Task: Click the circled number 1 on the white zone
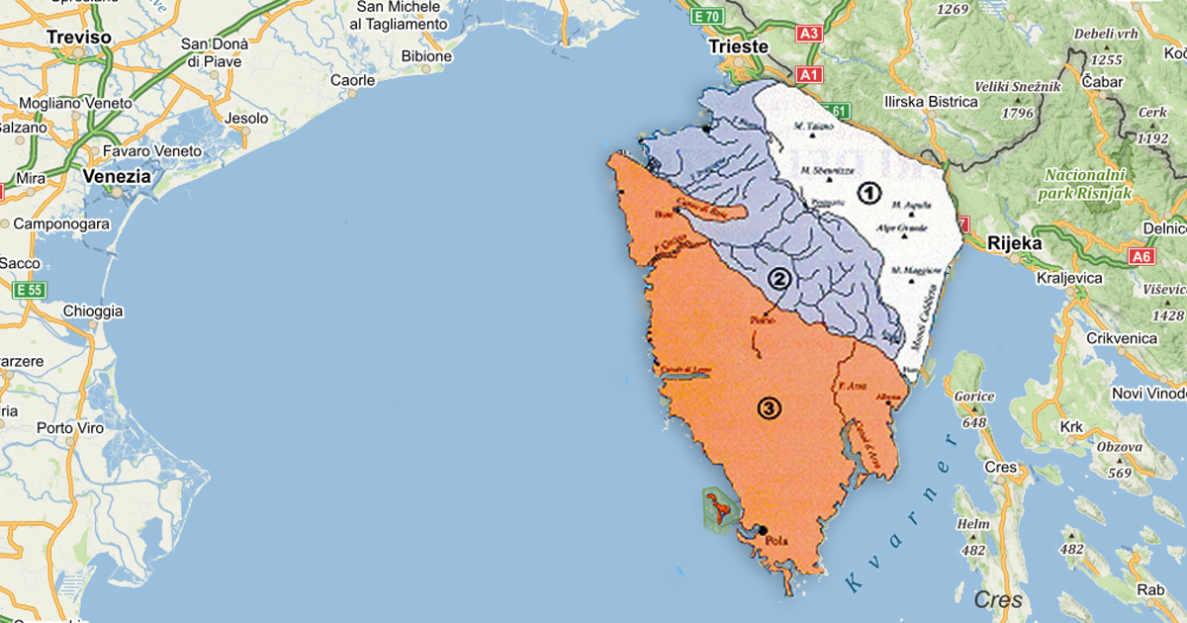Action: (868, 193)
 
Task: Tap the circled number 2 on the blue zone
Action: (779, 280)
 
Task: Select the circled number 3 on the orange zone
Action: (769, 406)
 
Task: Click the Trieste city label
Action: (738, 46)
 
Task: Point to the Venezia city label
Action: (118, 176)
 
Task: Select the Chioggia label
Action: (93, 311)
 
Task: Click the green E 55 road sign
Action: (29, 290)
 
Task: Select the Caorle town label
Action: (353, 80)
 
